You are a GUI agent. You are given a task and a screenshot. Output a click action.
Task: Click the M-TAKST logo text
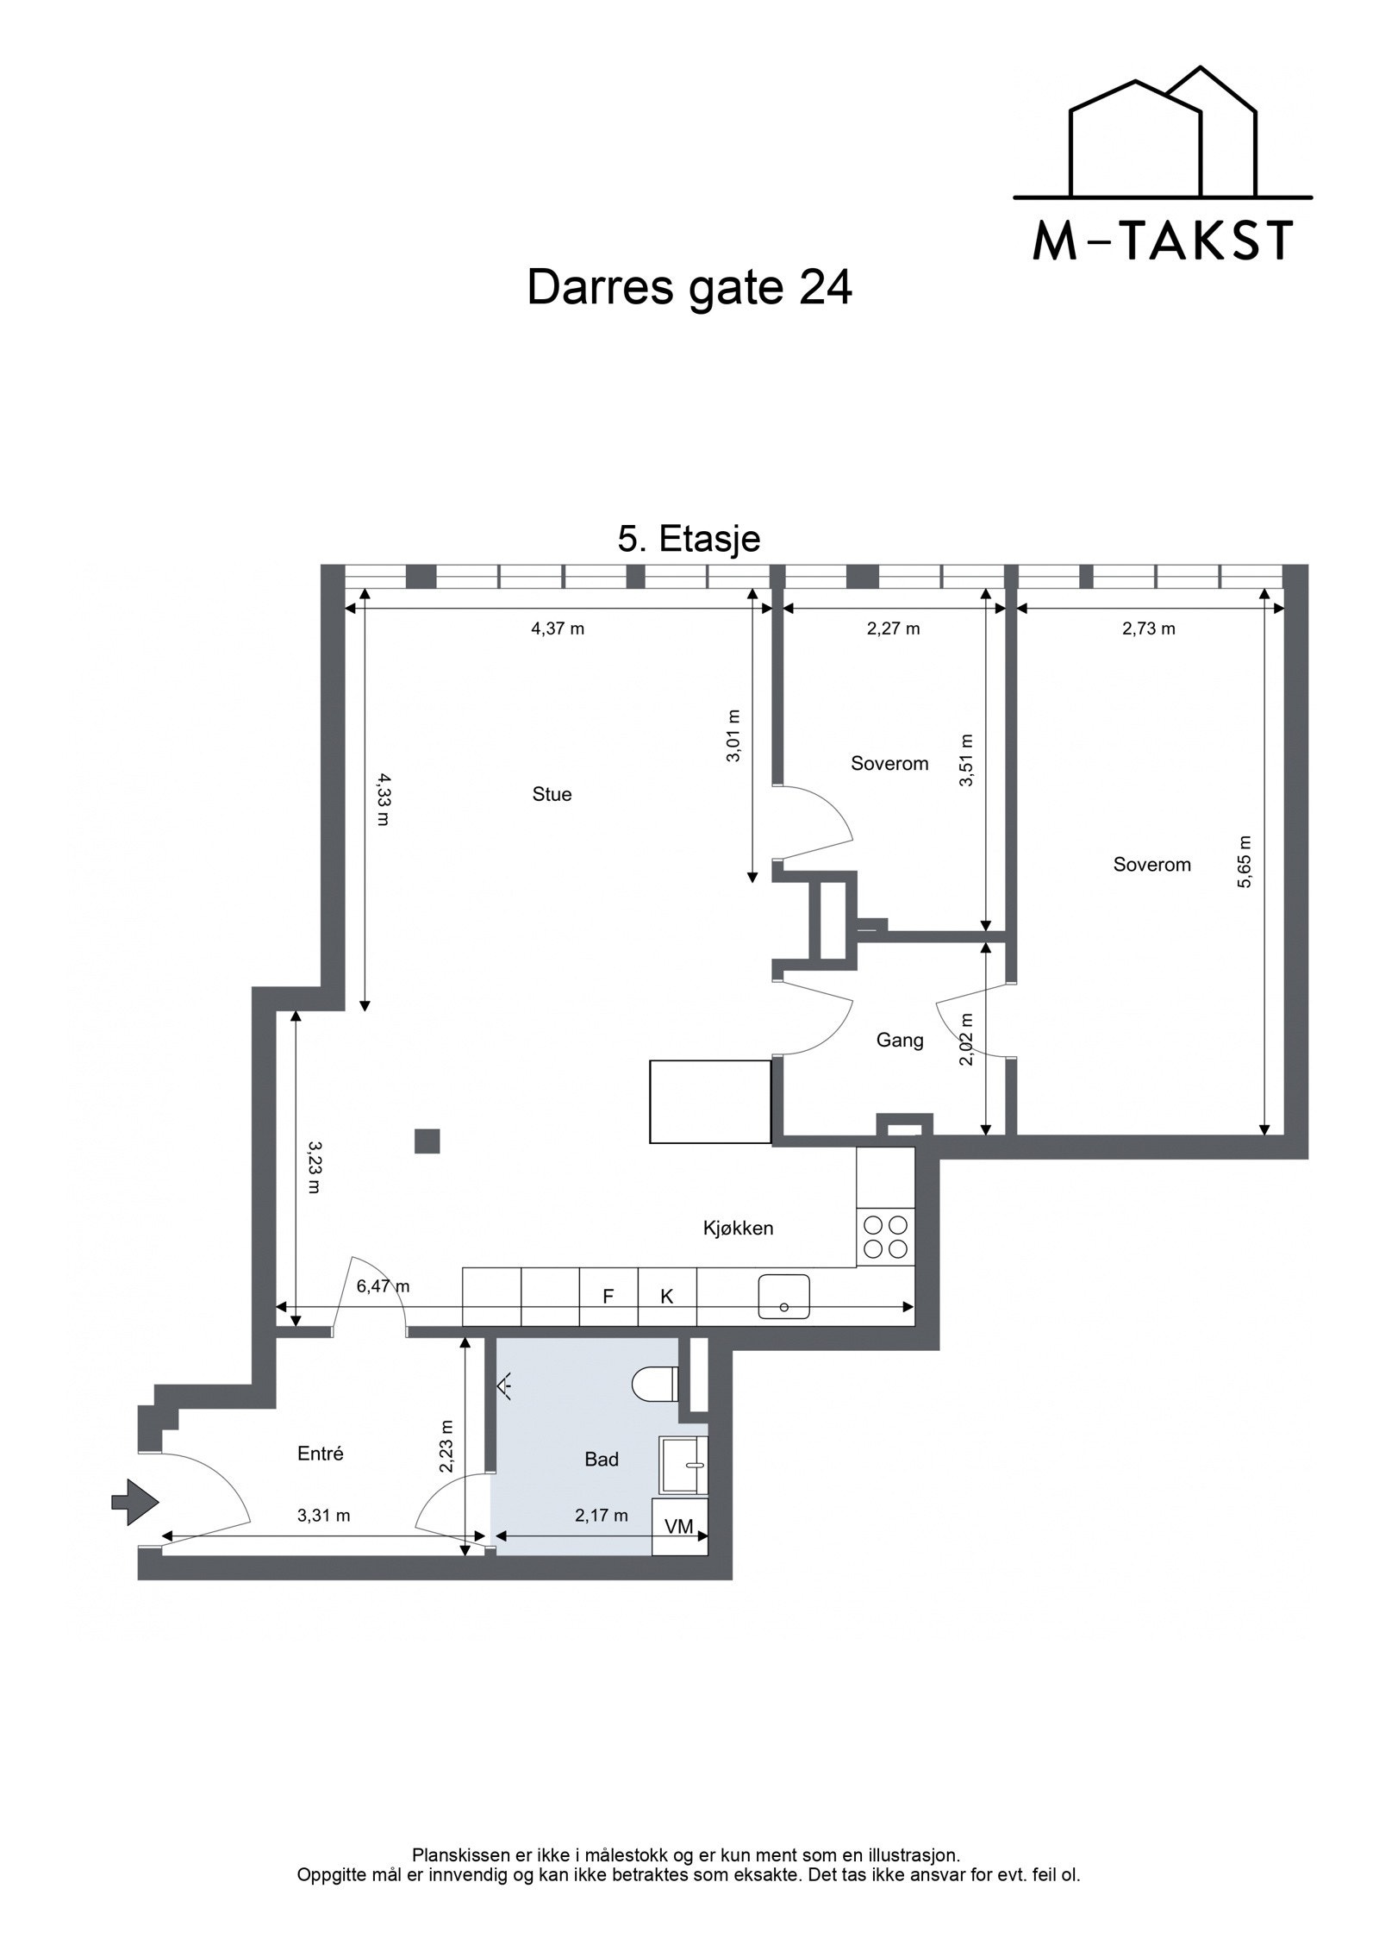[x=1162, y=241]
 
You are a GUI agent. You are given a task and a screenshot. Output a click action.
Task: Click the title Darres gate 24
[x=689, y=288]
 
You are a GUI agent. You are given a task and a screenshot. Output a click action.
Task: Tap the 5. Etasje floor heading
[x=689, y=539]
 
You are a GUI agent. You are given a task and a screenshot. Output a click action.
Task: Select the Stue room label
[x=552, y=794]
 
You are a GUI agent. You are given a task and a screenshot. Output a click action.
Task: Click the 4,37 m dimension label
[x=557, y=628]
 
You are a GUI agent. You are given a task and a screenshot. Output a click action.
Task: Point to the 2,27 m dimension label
[x=893, y=628]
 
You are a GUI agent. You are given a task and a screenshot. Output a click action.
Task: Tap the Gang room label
[x=900, y=1040]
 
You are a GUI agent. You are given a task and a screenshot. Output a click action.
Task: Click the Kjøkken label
[x=738, y=1228]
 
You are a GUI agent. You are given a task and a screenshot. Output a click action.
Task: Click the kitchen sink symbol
[x=783, y=1297]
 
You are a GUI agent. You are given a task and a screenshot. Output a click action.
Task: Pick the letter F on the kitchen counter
[x=608, y=1296]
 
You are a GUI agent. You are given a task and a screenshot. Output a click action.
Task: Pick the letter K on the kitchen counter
[x=666, y=1296]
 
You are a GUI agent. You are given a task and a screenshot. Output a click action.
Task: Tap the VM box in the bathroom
[x=679, y=1526]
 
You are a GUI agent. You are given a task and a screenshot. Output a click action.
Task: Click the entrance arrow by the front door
[x=135, y=1502]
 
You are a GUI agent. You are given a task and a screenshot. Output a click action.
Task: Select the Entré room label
[x=321, y=1453]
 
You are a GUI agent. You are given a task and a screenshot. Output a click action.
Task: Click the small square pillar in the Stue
[x=427, y=1141]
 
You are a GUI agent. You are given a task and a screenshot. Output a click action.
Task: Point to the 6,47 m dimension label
[x=383, y=1286]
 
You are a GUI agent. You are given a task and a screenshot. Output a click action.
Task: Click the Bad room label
[x=602, y=1459]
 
